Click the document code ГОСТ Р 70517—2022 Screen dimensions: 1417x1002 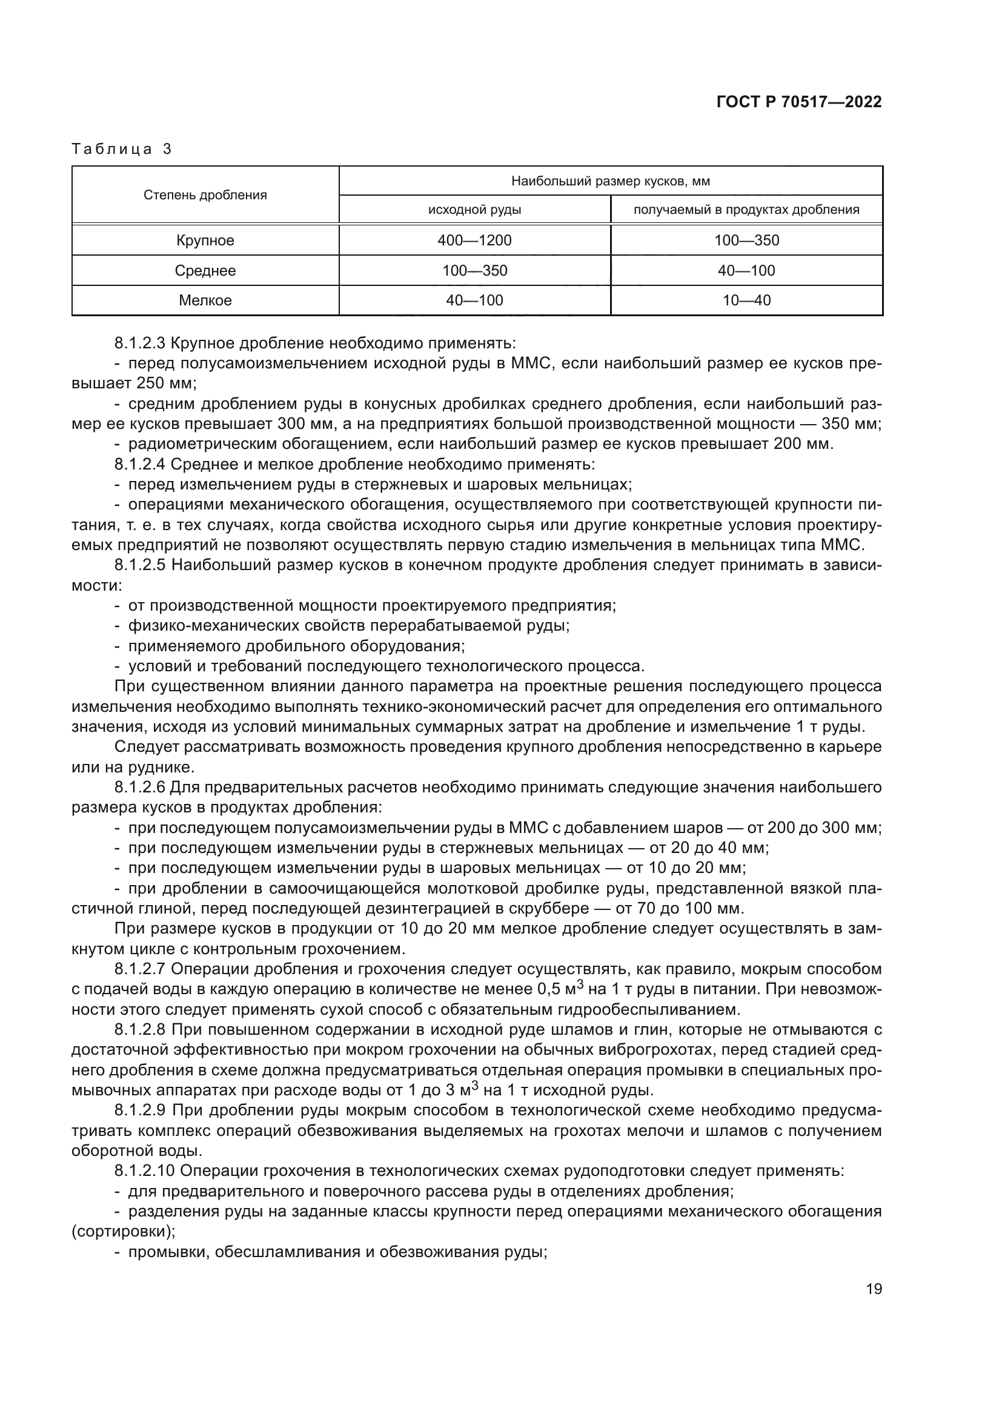coord(799,102)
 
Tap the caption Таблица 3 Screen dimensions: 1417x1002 coord(122,149)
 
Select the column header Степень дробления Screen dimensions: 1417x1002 coord(205,195)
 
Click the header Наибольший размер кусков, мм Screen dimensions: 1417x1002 coord(610,181)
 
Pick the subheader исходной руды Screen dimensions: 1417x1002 coord(474,210)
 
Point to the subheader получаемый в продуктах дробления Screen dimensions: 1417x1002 coord(746,210)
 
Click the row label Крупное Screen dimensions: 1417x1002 coord(205,241)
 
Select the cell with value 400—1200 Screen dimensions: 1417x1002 coord(474,241)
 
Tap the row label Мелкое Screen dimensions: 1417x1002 coord(205,300)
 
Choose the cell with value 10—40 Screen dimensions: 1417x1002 coord(746,300)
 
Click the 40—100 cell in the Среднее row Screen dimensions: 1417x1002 coord(746,270)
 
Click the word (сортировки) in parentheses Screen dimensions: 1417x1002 coord(124,1232)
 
